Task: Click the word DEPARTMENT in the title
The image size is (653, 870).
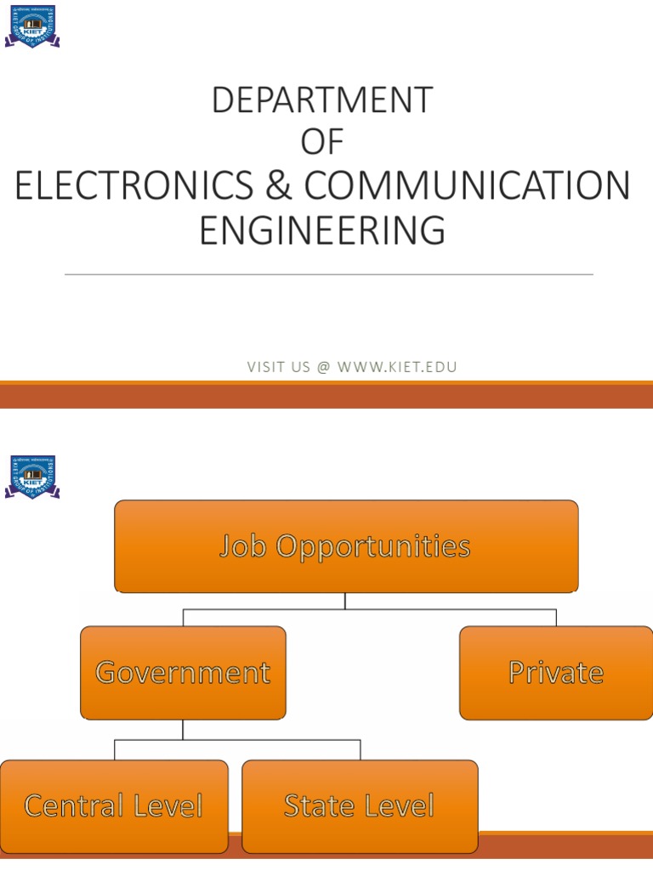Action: click(322, 100)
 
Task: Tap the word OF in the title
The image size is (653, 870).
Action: click(322, 143)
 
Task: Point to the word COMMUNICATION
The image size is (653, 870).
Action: click(468, 187)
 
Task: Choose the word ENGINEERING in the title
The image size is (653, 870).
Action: click(322, 230)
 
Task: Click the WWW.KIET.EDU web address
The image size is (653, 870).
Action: click(397, 367)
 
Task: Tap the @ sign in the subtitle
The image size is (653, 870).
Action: click(323, 367)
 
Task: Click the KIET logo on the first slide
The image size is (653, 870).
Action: click(32, 26)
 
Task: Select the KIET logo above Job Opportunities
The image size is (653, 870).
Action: click(32, 477)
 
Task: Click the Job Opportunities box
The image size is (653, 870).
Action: click(346, 546)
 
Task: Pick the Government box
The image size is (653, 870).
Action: click(183, 673)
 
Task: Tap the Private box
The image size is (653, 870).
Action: click(556, 673)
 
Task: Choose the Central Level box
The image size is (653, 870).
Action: click(113, 805)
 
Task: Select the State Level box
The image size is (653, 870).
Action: click(360, 805)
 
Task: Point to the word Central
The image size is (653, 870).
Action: click(73, 805)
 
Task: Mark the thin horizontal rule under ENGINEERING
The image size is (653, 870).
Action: click(328, 274)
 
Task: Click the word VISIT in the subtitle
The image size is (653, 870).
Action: click(265, 367)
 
